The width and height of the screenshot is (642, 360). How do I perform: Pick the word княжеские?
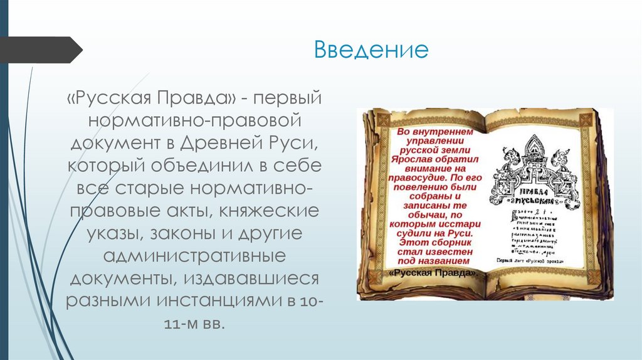[275, 211]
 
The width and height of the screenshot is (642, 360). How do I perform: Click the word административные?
[194, 256]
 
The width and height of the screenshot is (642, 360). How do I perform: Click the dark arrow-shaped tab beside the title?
[41, 50]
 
